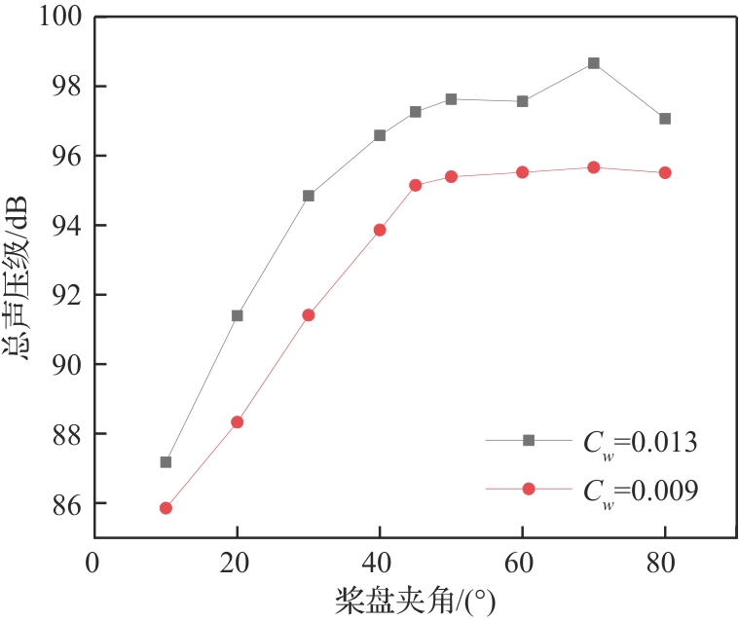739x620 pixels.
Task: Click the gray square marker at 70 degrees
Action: click(x=594, y=63)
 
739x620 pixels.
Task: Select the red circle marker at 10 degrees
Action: click(x=166, y=508)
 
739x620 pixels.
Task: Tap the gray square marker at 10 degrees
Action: click(x=166, y=462)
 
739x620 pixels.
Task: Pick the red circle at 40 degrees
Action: click(x=380, y=230)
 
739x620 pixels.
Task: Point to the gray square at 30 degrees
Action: click(x=309, y=196)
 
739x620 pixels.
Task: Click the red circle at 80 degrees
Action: click(x=665, y=172)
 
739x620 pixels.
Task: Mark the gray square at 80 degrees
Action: click(x=665, y=119)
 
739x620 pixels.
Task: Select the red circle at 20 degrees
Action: click(x=237, y=422)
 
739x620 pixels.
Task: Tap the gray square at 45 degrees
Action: click(x=416, y=112)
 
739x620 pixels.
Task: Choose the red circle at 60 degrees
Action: click(x=523, y=172)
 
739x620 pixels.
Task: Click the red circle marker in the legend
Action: click(x=529, y=490)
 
